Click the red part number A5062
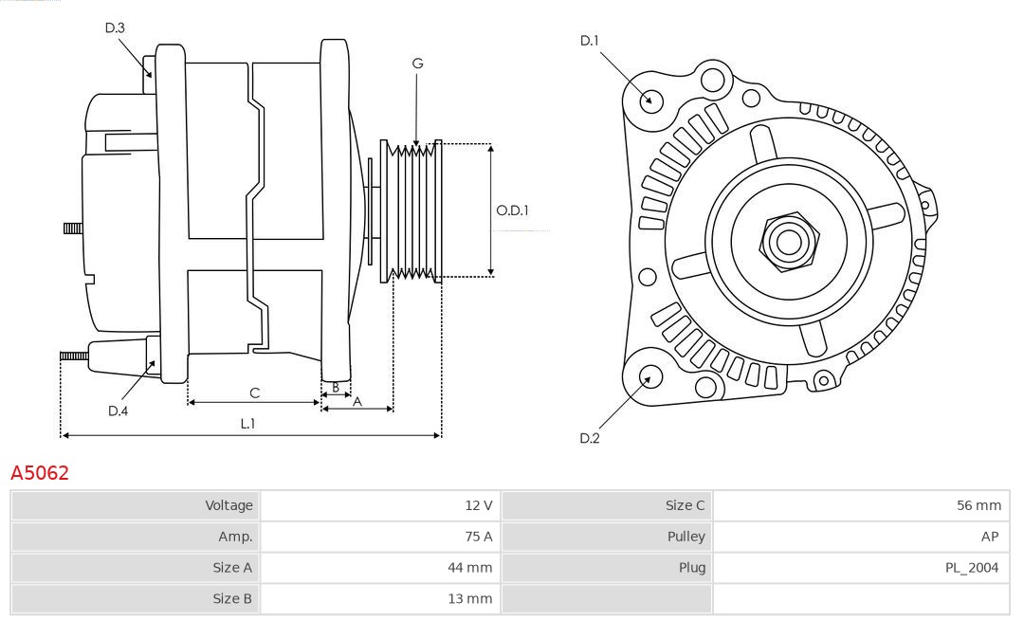[x=40, y=473]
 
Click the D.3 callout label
[x=115, y=28]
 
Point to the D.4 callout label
[x=118, y=411]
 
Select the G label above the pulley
[x=417, y=64]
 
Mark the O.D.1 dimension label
[x=512, y=210]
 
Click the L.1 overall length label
[x=247, y=424]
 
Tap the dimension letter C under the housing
[x=254, y=393]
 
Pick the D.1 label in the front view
[x=590, y=40]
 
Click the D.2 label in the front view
[x=590, y=438]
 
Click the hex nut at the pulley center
[x=788, y=241]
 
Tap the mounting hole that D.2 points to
[x=649, y=376]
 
